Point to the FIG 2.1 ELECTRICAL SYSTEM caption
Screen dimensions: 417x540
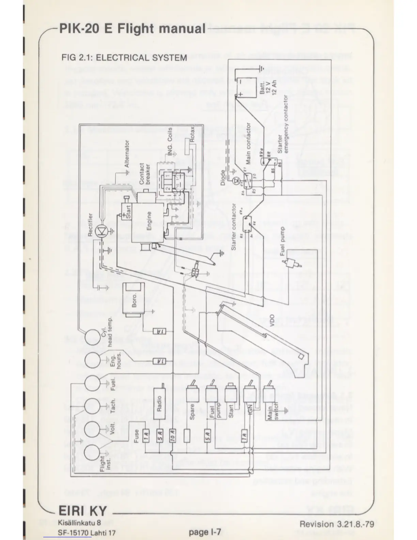pyautogui.click(x=124, y=57)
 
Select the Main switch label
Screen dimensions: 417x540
pyautogui.click(x=272, y=414)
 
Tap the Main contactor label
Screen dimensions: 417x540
pyautogui.click(x=248, y=143)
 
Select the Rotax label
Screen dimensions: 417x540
pyautogui.click(x=192, y=134)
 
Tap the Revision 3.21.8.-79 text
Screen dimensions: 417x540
pyautogui.click(x=337, y=524)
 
